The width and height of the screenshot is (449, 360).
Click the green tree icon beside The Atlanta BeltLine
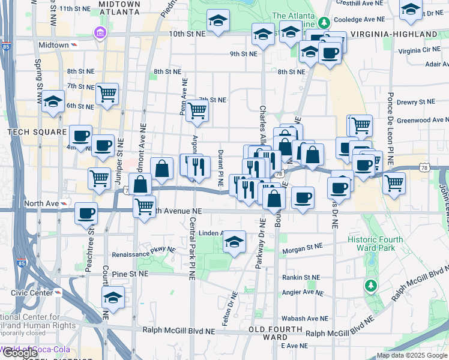tap(324, 23)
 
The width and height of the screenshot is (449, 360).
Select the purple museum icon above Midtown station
tap(98, 32)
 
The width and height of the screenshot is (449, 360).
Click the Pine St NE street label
tap(130, 274)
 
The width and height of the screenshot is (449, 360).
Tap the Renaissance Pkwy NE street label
tap(148, 251)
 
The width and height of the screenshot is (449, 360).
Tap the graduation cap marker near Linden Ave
tap(234, 242)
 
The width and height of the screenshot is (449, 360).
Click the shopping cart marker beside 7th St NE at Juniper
tap(107, 94)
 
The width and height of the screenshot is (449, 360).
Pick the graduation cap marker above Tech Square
tap(53, 103)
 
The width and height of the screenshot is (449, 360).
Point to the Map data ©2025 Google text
tap(412, 355)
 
